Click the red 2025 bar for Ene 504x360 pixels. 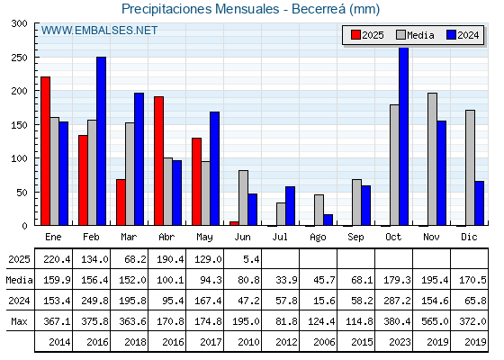click(45, 151)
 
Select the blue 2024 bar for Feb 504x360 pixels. click(101, 141)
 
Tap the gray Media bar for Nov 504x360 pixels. click(432, 159)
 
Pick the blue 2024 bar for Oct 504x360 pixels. click(404, 137)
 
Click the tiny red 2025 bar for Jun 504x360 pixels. click(234, 223)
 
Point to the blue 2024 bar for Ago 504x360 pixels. click(328, 220)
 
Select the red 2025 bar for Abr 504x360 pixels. click(158, 161)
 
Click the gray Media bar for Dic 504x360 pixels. click(470, 167)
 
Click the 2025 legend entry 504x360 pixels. click(367, 35)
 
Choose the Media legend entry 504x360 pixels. click(415, 35)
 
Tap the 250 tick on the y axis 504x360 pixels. click(19, 58)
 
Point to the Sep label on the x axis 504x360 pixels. click(355, 237)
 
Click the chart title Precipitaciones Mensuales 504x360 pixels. click(201, 9)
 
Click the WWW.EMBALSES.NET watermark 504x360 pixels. click(99, 31)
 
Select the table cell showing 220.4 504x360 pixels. click(57, 259)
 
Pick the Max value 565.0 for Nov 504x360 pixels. click(435, 321)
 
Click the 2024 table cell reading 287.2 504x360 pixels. click(397, 301)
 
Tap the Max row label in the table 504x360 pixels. click(19, 321)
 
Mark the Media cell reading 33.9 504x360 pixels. click(286, 280)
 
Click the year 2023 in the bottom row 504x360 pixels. click(400, 342)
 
